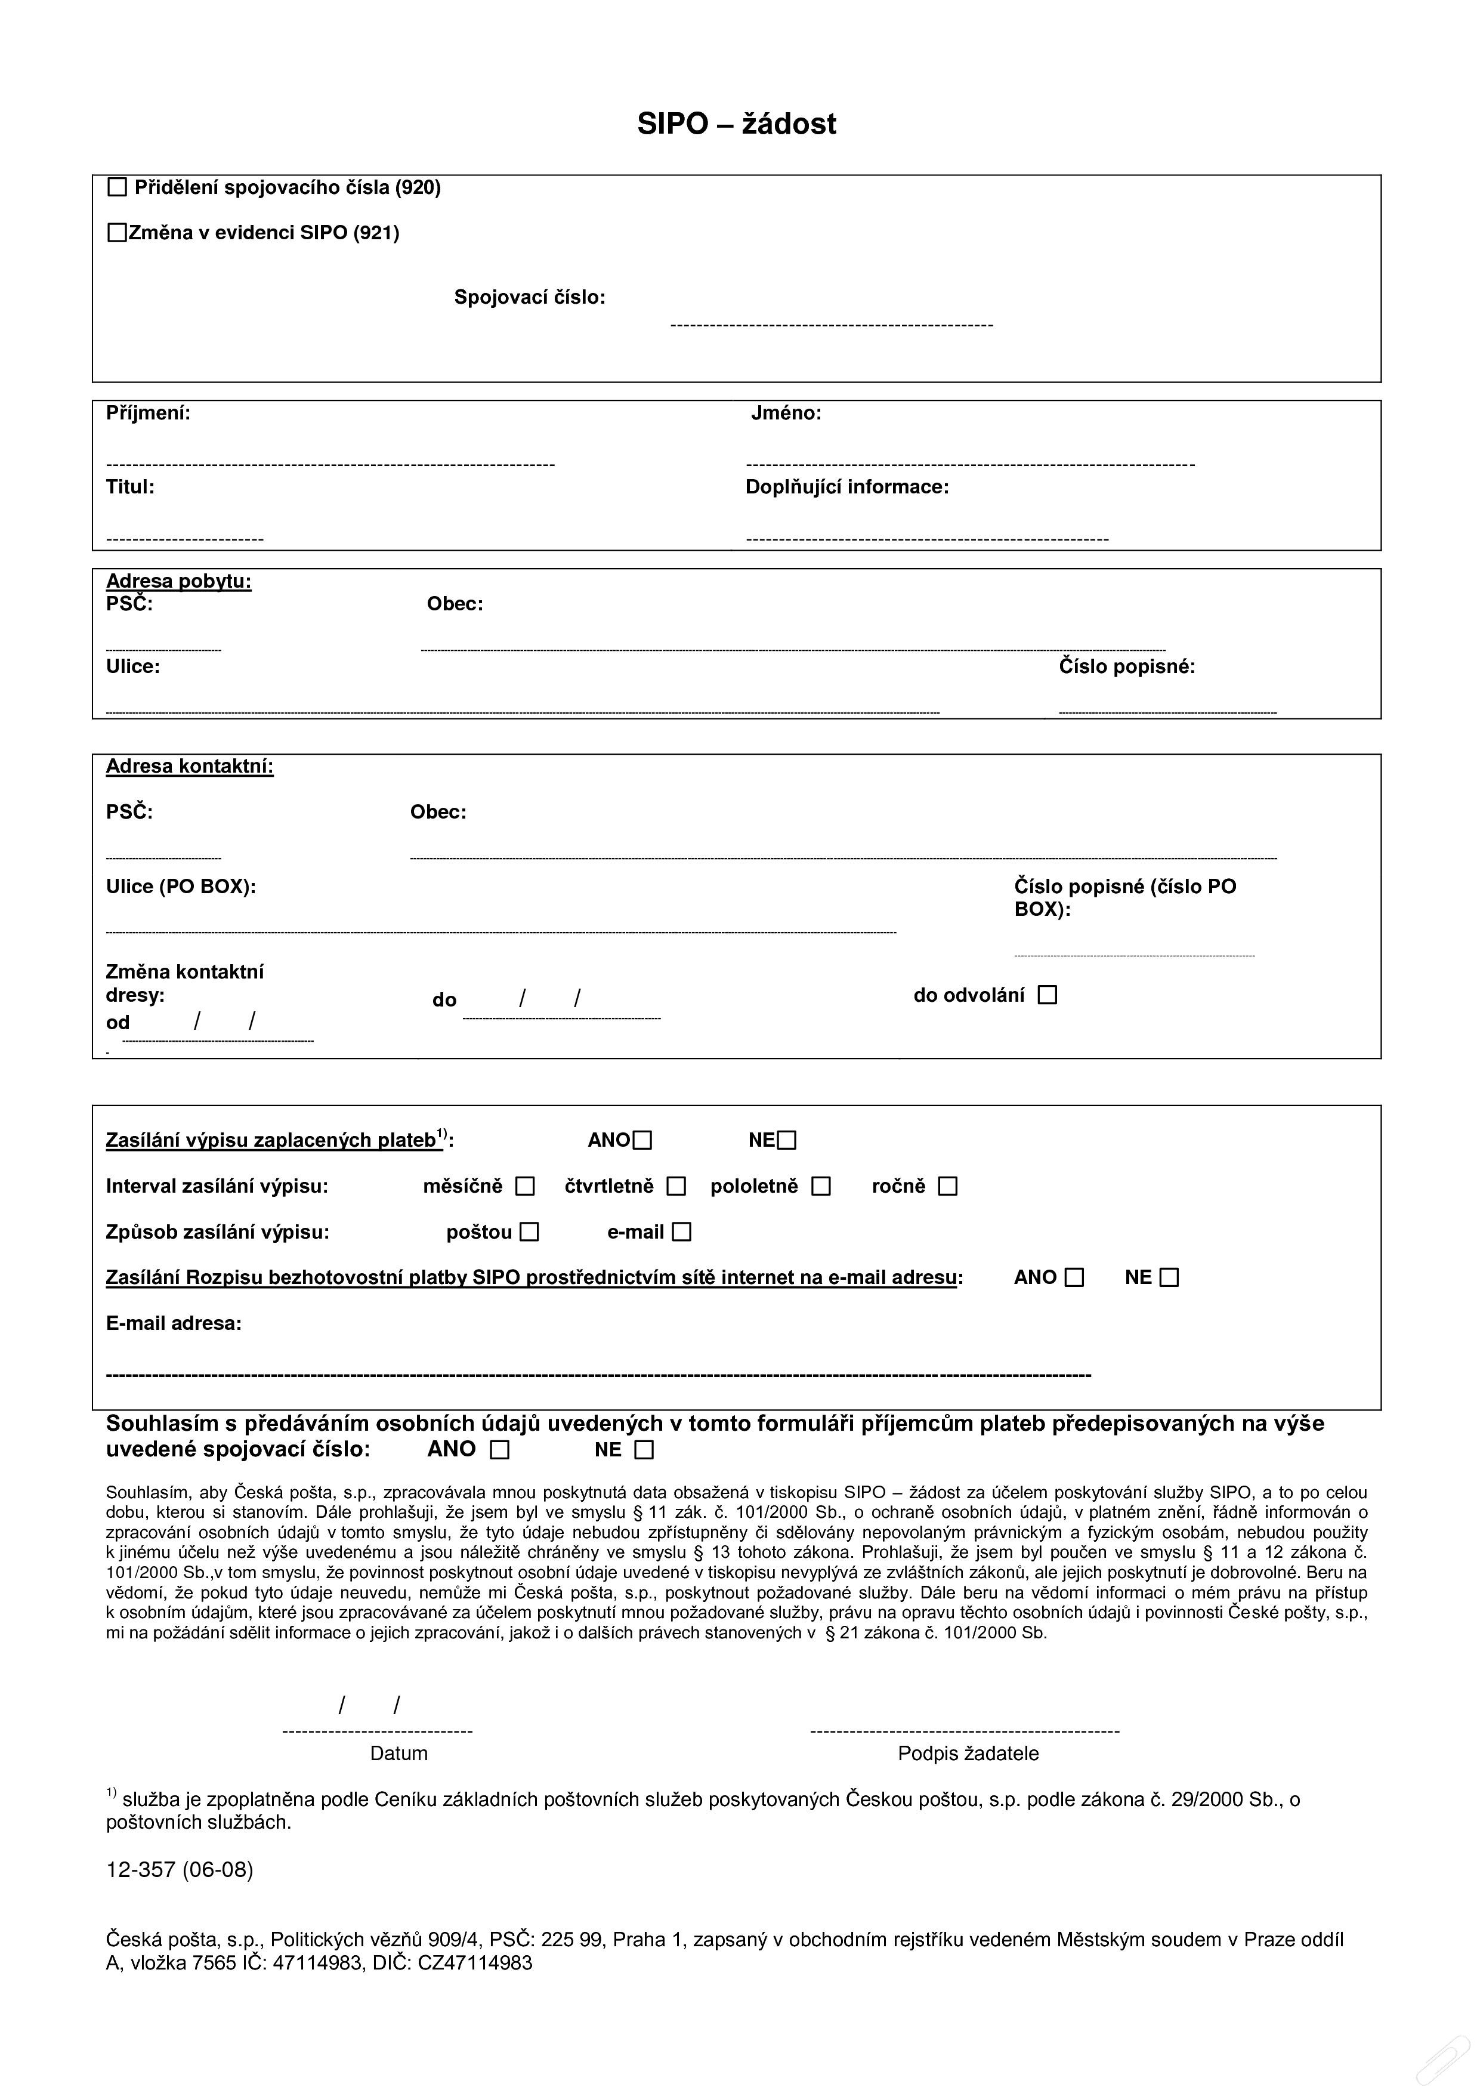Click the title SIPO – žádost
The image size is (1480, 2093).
tap(736, 124)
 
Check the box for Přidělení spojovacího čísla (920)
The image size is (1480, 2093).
tap(118, 188)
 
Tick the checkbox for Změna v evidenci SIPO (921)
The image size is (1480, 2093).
tap(118, 233)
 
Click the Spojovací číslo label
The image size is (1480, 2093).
tap(530, 297)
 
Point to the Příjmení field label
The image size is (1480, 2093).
tap(149, 413)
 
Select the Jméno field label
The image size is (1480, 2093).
tap(786, 413)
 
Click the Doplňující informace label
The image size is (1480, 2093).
tap(846, 487)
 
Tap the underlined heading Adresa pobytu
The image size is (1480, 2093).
tap(178, 581)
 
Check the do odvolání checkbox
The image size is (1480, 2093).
tap(1048, 995)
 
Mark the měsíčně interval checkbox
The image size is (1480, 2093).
tap(525, 1186)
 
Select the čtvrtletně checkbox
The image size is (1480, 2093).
tap(676, 1186)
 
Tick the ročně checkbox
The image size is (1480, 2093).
tap(948, 1186)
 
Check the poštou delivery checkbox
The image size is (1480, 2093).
tap(530, 1233)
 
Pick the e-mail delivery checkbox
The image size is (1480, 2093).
tap(682, 1233)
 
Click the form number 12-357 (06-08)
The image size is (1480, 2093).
tap(180, 1870)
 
